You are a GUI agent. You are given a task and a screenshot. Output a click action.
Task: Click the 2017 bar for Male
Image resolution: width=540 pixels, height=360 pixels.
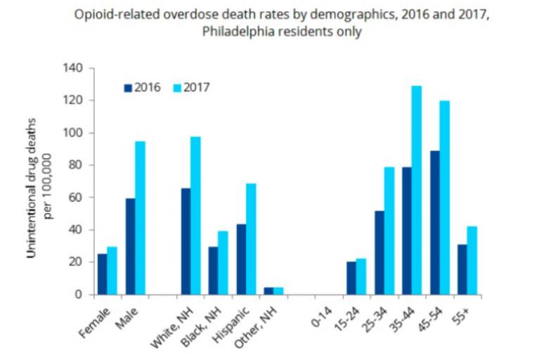[x=140, y=218]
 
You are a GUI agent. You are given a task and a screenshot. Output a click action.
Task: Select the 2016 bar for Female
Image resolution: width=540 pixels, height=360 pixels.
[x=102, y=274]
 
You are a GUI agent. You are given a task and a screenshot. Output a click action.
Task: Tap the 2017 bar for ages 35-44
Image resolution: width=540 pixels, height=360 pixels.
[x=416, y=190]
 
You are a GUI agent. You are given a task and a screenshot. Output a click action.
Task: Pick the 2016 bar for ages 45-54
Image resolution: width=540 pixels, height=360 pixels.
[x=435, y=223]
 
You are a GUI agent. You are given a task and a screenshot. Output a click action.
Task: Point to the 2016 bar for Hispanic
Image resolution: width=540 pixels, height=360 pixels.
[x=241, y=259]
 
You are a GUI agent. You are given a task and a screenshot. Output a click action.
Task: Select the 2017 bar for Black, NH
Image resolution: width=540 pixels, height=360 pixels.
[x=223, y=263]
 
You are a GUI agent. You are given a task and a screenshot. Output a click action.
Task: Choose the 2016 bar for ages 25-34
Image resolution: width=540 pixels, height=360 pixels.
[x=379, y=252]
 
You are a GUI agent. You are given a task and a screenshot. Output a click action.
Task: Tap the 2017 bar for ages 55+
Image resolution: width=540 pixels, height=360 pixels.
[x=471, y=260]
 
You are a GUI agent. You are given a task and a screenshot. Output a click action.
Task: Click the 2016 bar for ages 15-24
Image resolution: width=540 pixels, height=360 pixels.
[x=351, y=278]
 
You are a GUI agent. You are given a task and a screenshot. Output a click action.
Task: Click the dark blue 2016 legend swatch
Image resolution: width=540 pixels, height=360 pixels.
[x=128, y=88]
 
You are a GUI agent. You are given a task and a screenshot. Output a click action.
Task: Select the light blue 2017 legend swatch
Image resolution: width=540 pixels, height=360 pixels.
[x=178, y=88]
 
